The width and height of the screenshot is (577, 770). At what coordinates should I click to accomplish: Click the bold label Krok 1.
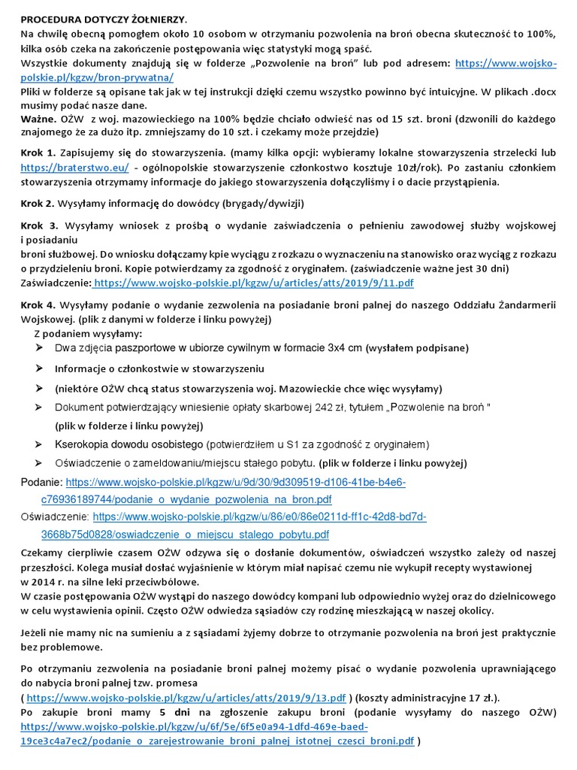38,152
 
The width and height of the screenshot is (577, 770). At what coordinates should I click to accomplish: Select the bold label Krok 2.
38,203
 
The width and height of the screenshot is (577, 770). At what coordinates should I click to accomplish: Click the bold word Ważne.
38,119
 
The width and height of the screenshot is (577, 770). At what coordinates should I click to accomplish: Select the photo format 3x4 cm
346,348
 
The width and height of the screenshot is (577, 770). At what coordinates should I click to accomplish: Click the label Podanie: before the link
41,482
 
